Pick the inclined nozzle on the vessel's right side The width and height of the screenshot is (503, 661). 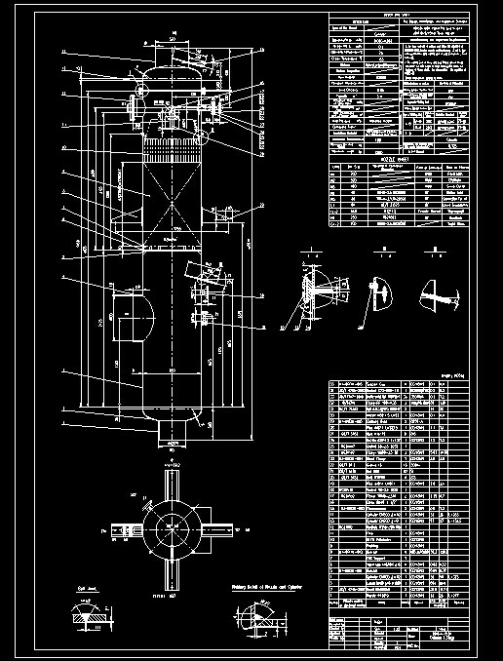pyautogui.click(x=204, y=291)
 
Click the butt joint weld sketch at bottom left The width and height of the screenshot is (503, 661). pyautogui.click(x=91, y=619)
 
